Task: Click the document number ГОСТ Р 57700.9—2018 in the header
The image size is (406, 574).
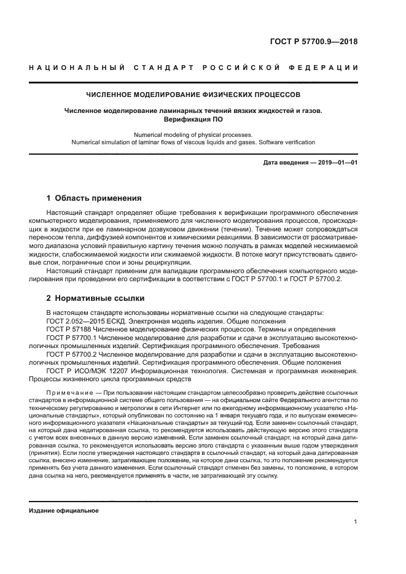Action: click(313, 42)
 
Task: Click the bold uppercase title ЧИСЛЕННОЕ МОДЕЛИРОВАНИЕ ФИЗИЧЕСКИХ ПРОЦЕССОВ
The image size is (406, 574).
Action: click(193, 96)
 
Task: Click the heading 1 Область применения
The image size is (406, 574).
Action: click(94, 198)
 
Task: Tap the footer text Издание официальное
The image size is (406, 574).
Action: click(64, 510)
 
